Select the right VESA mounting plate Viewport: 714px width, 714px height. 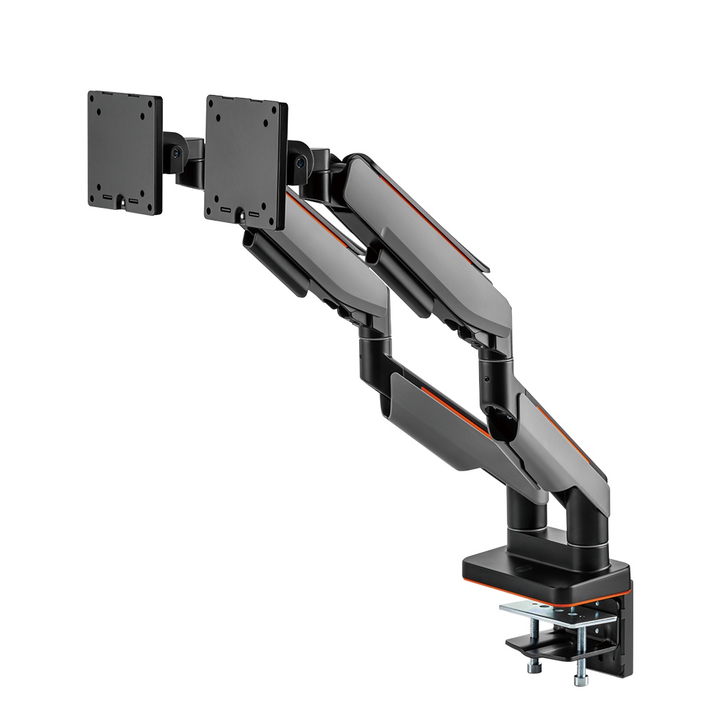246,159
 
